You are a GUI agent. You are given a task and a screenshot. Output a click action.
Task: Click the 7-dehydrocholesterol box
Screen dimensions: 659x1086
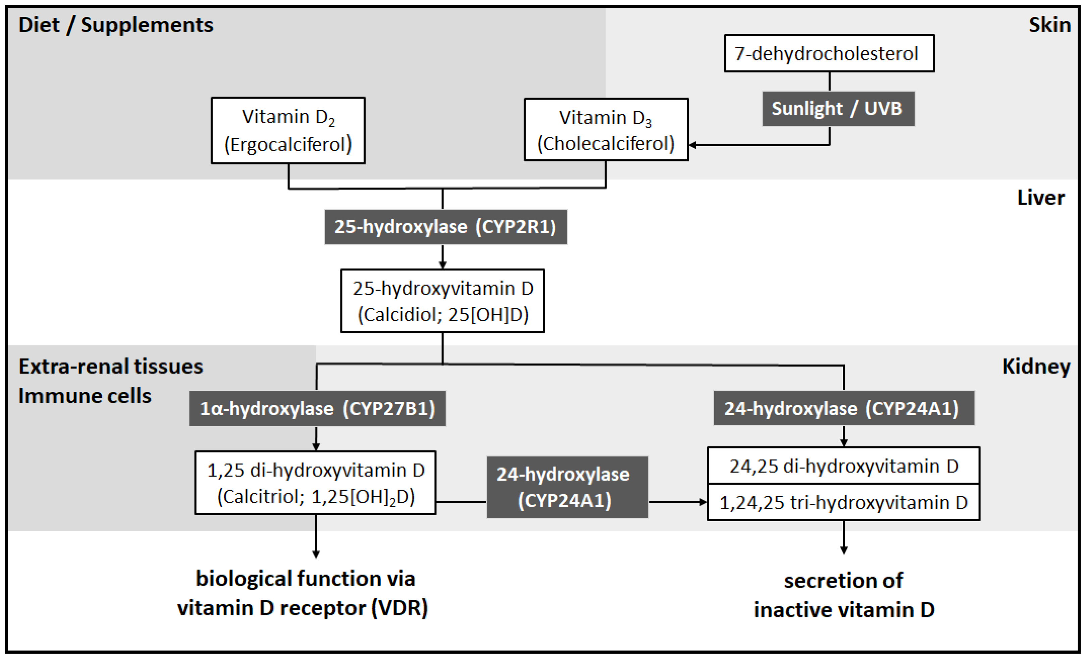point(829,53)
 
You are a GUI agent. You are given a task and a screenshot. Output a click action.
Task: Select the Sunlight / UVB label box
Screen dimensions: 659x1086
point(838,109)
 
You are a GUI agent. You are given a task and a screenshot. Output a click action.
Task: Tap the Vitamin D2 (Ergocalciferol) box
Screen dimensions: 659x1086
point(288,130)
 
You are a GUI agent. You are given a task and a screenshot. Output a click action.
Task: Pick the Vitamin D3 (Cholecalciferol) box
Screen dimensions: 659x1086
point(606,129)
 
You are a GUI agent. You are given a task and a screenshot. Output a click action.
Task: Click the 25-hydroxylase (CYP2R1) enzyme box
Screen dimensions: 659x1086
point(446,227)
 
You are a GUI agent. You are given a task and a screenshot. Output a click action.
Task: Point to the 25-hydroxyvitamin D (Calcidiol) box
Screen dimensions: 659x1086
point(442,301)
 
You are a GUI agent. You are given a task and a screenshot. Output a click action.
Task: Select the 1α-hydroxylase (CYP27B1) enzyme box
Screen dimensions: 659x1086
point(317,408)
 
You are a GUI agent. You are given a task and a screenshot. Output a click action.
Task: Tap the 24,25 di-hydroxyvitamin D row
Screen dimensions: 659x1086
point(843,466)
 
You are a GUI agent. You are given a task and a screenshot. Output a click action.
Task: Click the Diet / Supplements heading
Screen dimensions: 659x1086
point(115,25)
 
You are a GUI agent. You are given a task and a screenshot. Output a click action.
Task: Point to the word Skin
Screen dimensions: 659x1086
point(1049,25)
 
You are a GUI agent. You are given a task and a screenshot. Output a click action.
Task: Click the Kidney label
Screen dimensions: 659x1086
point(1036,366)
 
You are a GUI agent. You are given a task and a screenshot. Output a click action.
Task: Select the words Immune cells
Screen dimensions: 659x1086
point(85,396)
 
